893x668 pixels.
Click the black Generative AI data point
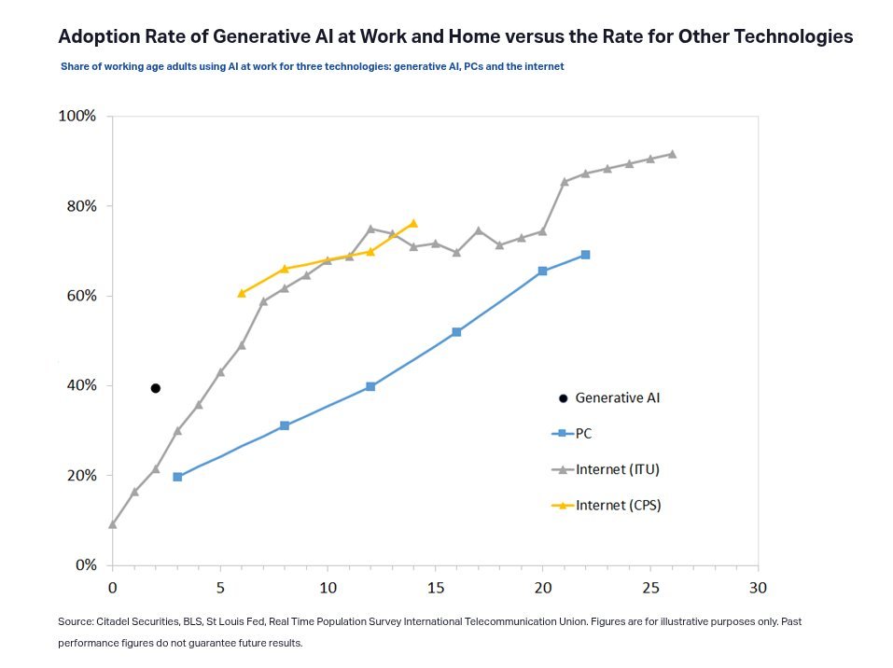156,388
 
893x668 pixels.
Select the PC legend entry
583,433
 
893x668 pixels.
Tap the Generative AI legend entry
622,397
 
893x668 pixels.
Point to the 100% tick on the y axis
77,117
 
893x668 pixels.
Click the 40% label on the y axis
80,385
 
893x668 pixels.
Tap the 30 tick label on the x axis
758,588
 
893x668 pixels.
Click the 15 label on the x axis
435,588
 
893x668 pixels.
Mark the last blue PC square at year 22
585,255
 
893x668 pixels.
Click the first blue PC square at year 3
177,477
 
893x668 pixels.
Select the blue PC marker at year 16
456,332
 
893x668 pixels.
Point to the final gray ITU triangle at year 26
672,154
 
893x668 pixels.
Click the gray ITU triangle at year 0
113,524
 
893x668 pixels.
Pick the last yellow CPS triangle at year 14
413,223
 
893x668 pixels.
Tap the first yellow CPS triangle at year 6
242,293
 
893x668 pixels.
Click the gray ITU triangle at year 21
564,182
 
